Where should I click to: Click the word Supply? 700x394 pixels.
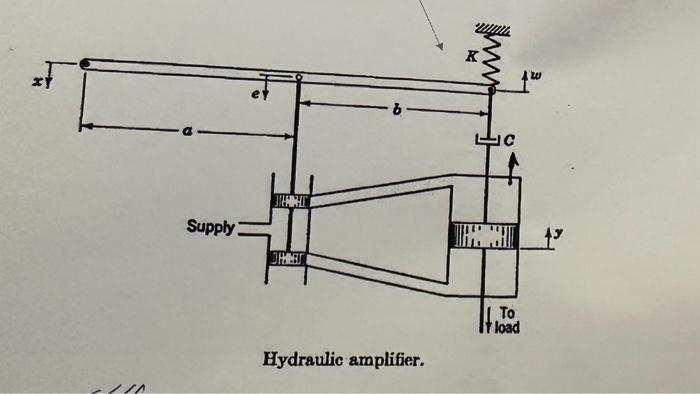tap(210, 228)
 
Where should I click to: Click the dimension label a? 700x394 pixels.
tap(187, 128)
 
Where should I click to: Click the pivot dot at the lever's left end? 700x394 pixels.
tap(86, 63)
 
